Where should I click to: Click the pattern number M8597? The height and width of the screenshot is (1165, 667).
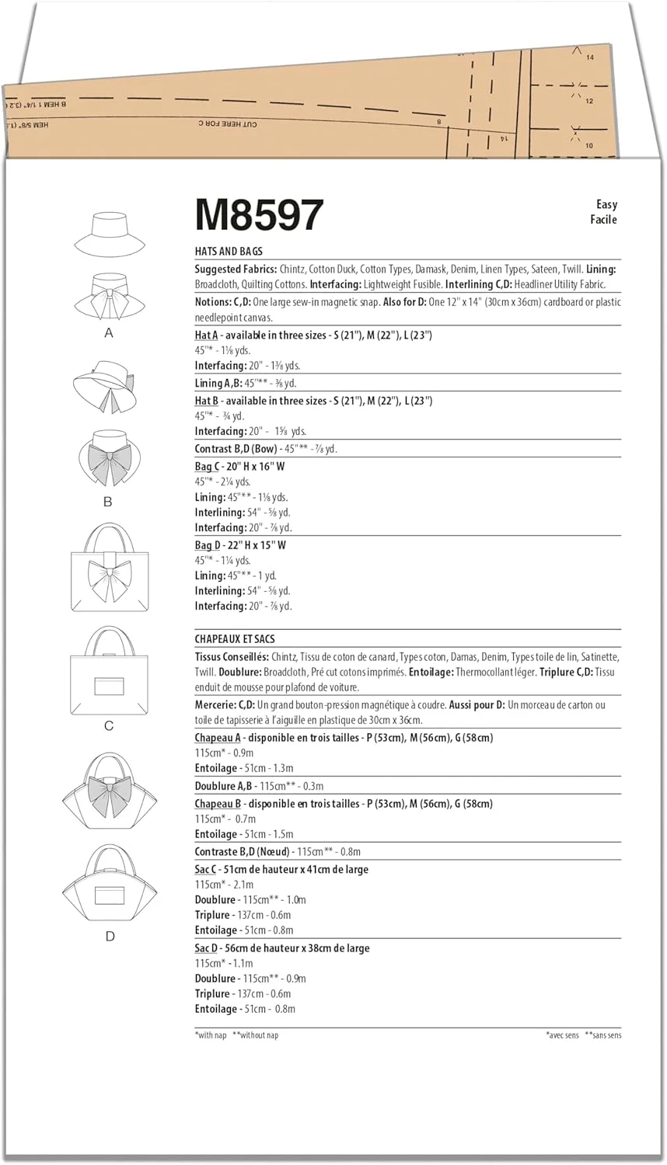tap(259, 215)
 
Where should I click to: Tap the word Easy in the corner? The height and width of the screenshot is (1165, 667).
tap(606, 204)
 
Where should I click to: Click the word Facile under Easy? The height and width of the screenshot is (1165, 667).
tap(603, 220)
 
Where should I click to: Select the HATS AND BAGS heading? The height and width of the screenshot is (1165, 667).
tap(229, 252)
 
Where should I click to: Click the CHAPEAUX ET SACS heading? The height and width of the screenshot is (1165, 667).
tap(235, 639)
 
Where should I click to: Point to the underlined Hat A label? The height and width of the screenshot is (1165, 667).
tap(206, 336)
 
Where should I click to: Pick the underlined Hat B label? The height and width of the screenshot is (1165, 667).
tap(206, 402)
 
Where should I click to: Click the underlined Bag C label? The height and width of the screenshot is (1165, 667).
tap(206, 467)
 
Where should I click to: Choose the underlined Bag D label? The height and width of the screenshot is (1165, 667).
tap(207, 545)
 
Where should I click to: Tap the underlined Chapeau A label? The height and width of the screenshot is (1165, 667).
tap(218, 738)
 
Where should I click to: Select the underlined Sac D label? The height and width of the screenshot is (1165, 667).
tap(206, 948)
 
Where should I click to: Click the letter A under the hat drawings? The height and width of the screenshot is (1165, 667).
tap(109, 333)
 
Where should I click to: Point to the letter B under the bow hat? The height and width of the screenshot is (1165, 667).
tap(108, 502)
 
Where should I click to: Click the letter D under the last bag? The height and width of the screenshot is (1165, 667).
tap(110, 937)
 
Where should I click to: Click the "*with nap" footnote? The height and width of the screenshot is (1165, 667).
tap(211, 1035)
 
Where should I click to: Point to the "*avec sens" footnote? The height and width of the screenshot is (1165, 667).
tap(562, 1035)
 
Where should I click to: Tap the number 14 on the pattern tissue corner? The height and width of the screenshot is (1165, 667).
tap(590, 57)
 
